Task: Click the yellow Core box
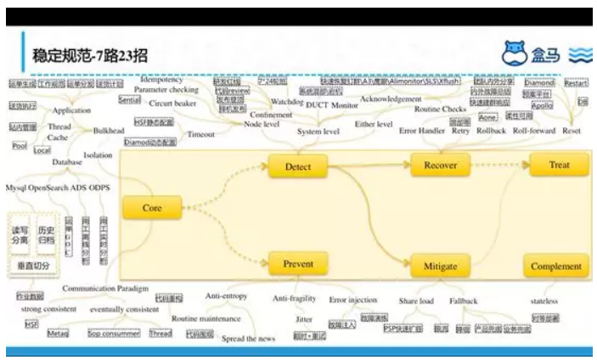(x=153, y=208)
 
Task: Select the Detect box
(x=298, y=166)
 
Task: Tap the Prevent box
(x=298, y=264)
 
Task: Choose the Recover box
(x=440, y=166)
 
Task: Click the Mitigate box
(x=441, y=266)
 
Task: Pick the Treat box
(x=559, y=166)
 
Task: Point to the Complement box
(x=556, y=266)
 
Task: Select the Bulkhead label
(x=109, y=131)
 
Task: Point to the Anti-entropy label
(x=226, y=296)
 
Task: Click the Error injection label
(x=352, y=300)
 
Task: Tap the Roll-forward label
(x=533, y=131)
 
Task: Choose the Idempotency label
(x=161, y=80)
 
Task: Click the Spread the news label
(x=248, y=339)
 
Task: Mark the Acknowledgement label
(x=391, y=98)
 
